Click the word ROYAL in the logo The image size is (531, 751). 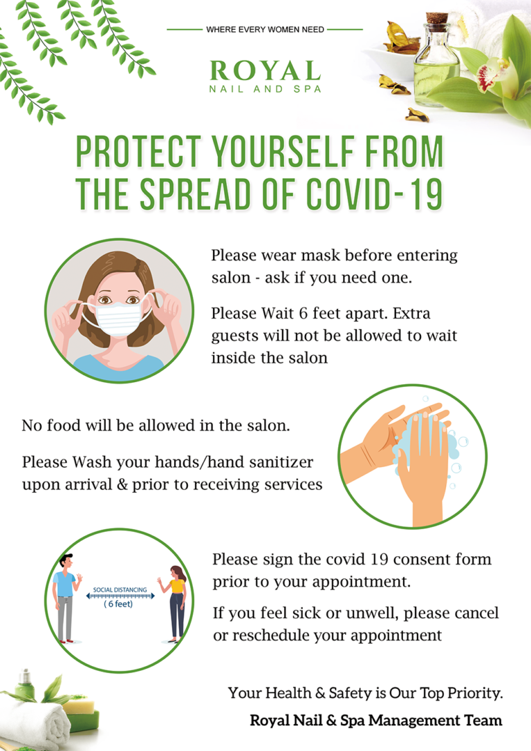point(265,71)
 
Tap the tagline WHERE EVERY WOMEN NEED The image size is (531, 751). point(265,30)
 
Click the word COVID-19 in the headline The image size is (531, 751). point(374,194)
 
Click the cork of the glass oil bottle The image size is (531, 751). point(436,18)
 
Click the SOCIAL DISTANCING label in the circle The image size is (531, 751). point(120,589)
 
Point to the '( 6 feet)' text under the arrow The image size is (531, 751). point(118,604)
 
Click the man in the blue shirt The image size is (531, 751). point(66,599)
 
